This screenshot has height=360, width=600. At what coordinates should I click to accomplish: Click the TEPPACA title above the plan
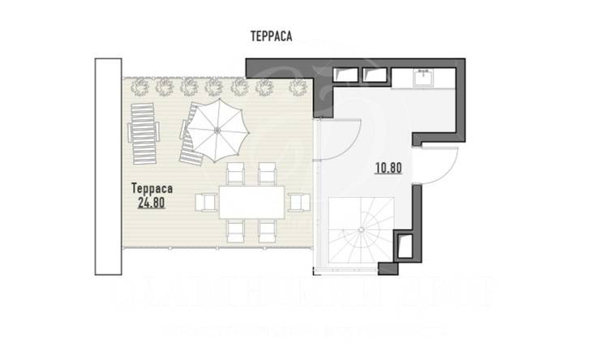pyautogui.click(x=272, y=35)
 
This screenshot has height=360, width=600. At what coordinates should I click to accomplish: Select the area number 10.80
pyautogui.click(x=388, y=169)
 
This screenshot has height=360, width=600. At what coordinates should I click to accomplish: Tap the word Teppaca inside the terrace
pyautogui.click(x=152, y=187)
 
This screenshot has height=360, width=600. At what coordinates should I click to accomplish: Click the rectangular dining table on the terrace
pyautogui.click(x=251, y=200)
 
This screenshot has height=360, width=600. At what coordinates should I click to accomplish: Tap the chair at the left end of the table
pyautogui.click(x=207, y=201)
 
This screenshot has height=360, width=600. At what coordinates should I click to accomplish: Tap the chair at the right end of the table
pyautogui.click(x=298, y=201)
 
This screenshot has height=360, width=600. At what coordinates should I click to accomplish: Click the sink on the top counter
pyautogui.click(x=422, y=79)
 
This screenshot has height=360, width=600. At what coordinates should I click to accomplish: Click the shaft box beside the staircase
pyautogui.click(x=403, y=243)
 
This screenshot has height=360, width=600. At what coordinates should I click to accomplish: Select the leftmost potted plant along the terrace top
pyautogui.click(x=139, y=85)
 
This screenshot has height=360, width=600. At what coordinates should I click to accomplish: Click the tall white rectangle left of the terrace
pyautogui.click(x=108, y=166)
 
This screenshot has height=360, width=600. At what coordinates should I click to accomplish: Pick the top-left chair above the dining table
pyautogui.click(x=235, y=172)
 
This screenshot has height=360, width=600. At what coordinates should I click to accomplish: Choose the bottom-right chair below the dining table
pyautogui.click(x=267, y=230)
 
